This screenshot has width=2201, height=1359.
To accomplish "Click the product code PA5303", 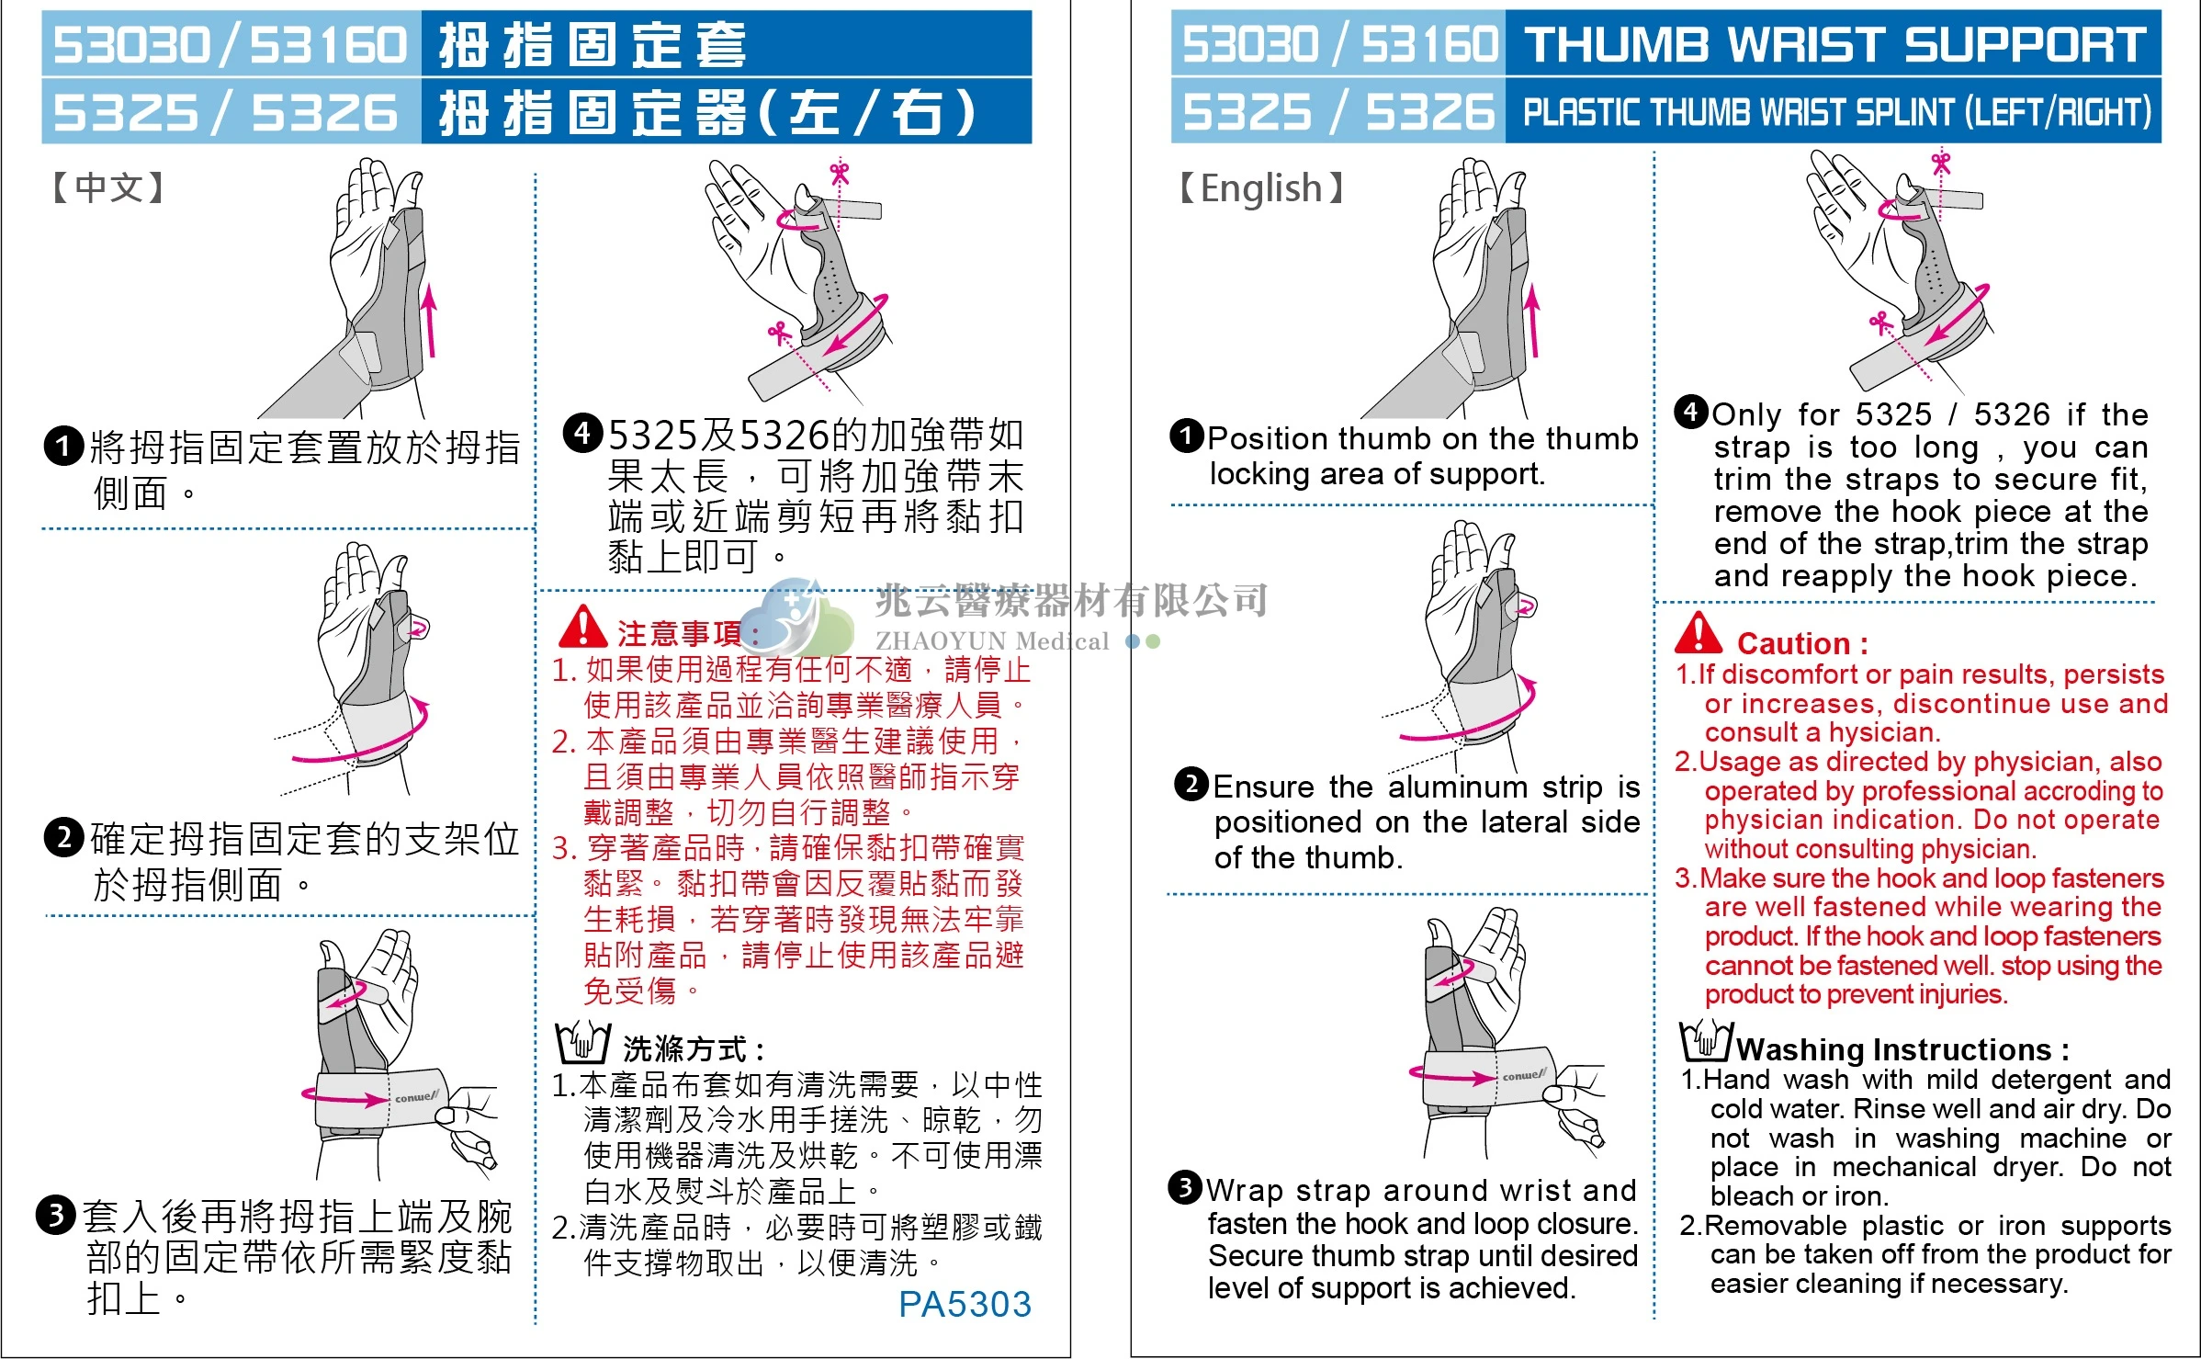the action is pyautogui.click(x=965, y=1304).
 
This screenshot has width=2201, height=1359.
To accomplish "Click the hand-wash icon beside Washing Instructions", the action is pyautogui.click(x=1706, y=1041).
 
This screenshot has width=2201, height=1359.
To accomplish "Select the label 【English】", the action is pyautogui.click(x=1261, y=188).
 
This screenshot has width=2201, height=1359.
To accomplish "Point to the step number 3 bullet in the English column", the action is pyautogui.click(x=1185, y=1187).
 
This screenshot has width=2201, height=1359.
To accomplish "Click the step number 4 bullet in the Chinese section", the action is pyautogui.click(x=582, y=433).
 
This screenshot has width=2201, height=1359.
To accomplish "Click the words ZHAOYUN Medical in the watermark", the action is pyautogui.click(x=992, y=640).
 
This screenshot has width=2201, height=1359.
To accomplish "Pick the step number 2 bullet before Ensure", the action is pyautogui.click(x=1191, y=785).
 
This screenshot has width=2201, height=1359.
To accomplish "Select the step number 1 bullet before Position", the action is pyautogui.click(x=1187, y=436).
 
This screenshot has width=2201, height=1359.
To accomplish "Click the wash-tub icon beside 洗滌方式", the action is pyautogui.click(x=582, y=1042).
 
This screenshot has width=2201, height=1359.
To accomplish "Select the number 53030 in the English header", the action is pyautogui.click(x=1250, y=44).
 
